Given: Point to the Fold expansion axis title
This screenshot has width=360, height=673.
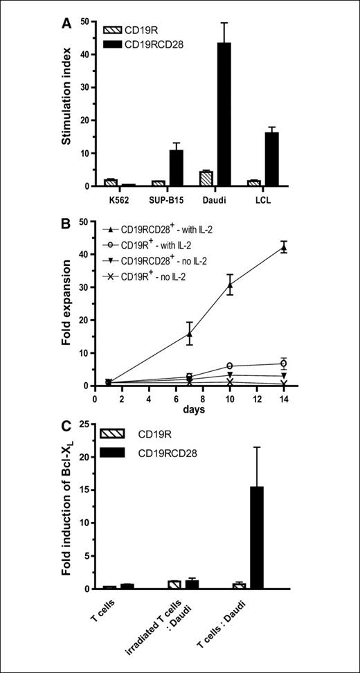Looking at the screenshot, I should click(71, 303).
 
